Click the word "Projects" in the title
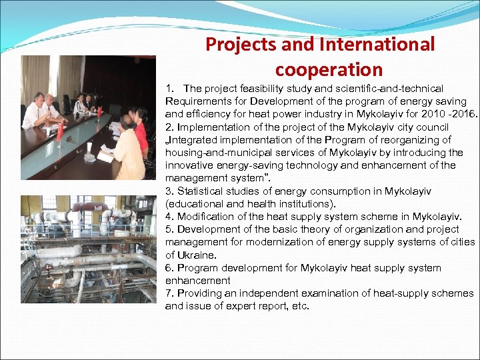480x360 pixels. click(x=237, y=45)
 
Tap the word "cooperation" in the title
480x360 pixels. click(x=329, y=69)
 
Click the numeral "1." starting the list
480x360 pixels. click(x=171, y=89)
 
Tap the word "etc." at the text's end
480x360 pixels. click(x=300, y=307)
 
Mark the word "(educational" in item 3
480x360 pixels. click(x=194, y=204)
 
